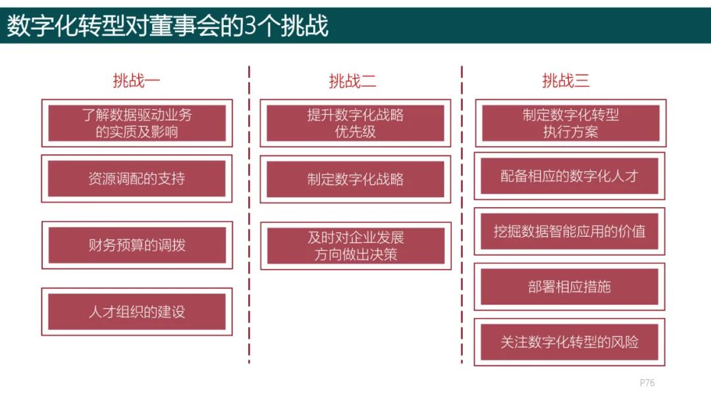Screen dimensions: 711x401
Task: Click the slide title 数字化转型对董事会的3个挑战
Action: (167, 26)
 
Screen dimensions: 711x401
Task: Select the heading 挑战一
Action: (136, 81)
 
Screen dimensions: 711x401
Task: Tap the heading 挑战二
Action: (352, 81)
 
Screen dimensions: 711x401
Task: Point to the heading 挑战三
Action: (566, 81)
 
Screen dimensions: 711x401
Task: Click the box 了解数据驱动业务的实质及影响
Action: (137, 123)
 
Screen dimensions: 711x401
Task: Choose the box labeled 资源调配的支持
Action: (136, 179)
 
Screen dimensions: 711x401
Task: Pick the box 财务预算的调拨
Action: (137, 245)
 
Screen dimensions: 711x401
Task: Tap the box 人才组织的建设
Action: (136, 311)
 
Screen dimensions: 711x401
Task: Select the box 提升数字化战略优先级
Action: (355, 123)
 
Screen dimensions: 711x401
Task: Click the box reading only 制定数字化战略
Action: (355, 179)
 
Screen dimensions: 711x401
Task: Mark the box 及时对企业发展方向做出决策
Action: (355, 246)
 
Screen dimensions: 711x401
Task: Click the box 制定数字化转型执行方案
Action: (570, 123)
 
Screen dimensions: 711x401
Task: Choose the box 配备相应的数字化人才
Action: (569, 176)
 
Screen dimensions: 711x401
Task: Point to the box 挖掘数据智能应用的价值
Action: (569, 231)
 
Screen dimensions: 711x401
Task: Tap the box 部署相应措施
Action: (569, 286)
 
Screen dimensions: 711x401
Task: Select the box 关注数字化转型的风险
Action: (569, 342)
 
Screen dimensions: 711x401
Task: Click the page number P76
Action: (647, 383)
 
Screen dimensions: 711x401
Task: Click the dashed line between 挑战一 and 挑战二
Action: (249, 214)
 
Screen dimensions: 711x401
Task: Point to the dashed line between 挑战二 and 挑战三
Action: (461, 214)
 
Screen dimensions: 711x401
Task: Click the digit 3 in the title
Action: (250, 26)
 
